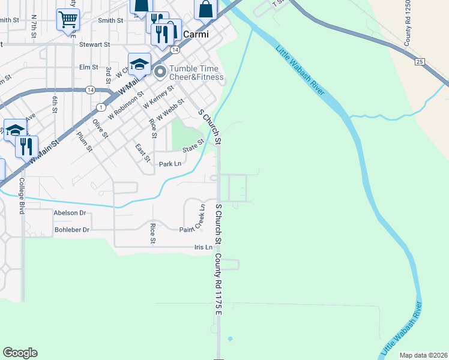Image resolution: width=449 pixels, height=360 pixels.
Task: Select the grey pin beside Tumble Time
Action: point(160,73)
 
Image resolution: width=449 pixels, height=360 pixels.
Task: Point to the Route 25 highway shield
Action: point(420,62)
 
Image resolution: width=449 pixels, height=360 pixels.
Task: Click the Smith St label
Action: point(110,20)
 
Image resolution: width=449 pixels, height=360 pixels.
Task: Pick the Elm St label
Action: point(88,67)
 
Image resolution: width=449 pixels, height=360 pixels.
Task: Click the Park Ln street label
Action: point(170,164)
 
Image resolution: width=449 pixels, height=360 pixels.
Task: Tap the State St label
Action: point(193,144)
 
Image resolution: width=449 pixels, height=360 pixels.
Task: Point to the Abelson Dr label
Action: point(70,212)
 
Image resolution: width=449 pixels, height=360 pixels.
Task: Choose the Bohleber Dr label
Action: point(72,230)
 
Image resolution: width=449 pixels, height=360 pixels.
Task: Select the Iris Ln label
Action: point(203,247)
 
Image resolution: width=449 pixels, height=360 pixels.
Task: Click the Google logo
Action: point(20,353)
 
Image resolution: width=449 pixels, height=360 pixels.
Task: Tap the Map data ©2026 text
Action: point(423,355)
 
